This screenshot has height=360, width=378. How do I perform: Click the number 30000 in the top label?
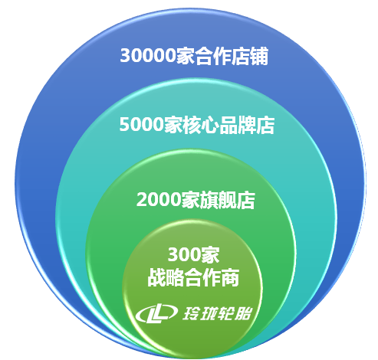coord(147,55)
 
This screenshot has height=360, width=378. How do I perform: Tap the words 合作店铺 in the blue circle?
coord(231,56)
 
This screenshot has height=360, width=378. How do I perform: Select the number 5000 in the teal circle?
coord(141,125)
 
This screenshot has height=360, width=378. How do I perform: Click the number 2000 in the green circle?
coord(159,199)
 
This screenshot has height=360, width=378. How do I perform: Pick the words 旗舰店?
coord(227,200)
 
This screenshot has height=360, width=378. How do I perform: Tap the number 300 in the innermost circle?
coord(184,254)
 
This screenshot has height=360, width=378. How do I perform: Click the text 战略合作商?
coord(193,277)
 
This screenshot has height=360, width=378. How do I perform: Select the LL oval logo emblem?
coord(156,313)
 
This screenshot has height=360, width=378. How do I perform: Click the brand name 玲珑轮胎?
coord(217,313)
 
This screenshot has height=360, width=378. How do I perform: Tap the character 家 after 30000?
coord(185,56)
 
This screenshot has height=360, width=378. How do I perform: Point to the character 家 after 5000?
coord(173,125)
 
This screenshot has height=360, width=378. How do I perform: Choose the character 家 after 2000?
coord(190,200)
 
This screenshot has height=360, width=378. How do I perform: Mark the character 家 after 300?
coord(210,254)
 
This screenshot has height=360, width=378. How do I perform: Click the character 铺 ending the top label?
coord(259,56)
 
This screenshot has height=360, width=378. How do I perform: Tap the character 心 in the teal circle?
coord(210,125)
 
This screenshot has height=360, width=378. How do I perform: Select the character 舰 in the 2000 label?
coord(227,200)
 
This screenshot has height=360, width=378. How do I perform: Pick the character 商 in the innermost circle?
coord(230,277)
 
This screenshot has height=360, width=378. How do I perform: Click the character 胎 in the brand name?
coord(243,313)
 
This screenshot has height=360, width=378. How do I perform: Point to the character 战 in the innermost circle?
coord(156,277)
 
